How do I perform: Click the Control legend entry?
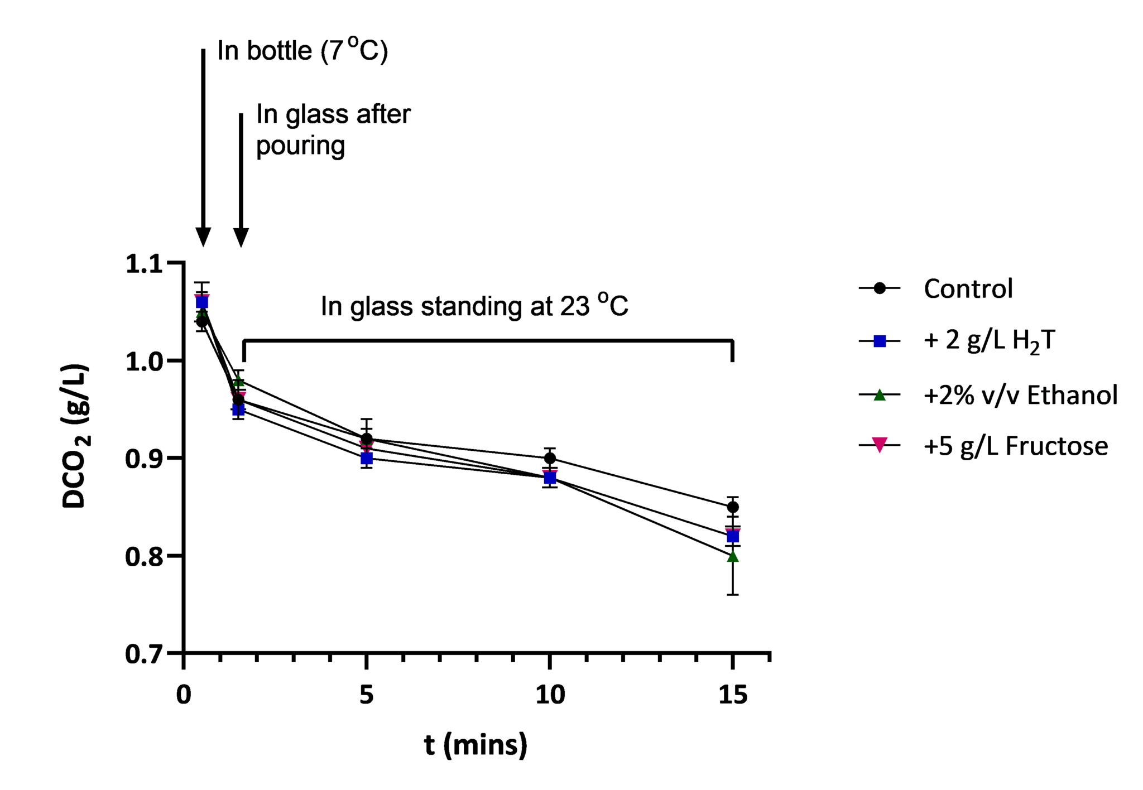[968, 288]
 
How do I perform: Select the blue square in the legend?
[880, 340]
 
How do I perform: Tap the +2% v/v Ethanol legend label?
[1020, 395]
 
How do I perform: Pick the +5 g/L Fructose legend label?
[1016, 446]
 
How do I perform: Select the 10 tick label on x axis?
[550, 695]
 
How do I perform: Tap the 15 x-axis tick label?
[732, 695]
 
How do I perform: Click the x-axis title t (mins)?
[475, 745]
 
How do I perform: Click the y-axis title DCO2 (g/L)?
[75, 436]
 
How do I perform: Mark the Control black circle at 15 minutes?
[733, 507]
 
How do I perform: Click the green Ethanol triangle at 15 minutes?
[733, 556]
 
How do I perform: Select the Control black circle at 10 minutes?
[550, 458]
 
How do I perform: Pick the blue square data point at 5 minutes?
[367, 459]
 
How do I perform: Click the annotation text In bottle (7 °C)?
[302, 51]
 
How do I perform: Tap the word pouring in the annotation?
[300, 146]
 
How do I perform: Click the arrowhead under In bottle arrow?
[203, 237]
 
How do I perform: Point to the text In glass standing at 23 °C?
[474, 306]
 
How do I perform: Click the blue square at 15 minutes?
[733, 537]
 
